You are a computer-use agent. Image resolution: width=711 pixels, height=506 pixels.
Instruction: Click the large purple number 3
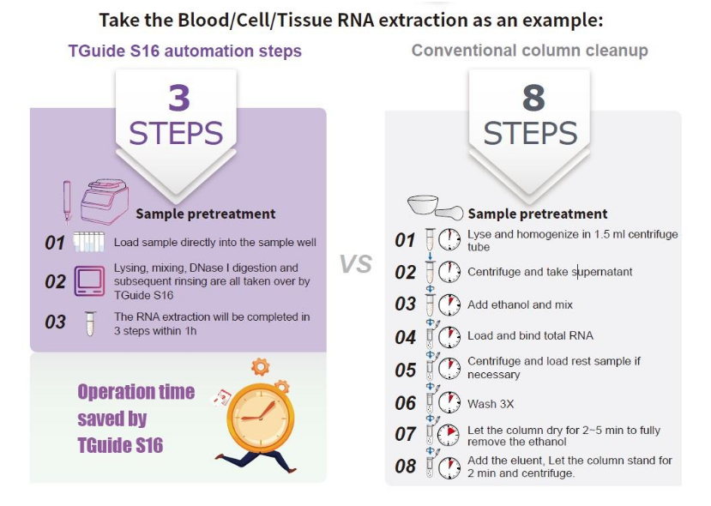(179, 98)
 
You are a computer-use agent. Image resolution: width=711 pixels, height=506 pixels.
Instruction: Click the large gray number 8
(533, 98)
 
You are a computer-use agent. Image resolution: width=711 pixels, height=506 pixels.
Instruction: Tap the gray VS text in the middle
(356, 264)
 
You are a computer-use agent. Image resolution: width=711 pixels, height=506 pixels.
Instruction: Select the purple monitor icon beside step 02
(89, 281)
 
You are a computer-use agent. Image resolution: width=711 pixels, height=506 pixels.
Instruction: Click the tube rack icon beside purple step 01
(89, 242)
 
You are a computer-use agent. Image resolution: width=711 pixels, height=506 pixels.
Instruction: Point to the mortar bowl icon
(423, 205)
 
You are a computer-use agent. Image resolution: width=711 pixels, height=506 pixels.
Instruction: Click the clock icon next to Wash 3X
(449, 402)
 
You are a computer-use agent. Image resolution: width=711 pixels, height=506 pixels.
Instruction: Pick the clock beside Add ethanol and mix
(449, 304)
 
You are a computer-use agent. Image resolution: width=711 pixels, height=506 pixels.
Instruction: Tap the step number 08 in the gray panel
(405, 466)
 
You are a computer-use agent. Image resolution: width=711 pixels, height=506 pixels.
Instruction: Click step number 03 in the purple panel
(56, 322)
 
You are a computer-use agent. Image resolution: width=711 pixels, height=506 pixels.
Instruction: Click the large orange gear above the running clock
(260, 366)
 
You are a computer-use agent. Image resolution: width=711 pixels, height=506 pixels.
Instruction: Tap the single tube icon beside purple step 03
(90, 323)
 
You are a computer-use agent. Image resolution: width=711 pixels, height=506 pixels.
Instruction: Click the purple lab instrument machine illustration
(105, 202)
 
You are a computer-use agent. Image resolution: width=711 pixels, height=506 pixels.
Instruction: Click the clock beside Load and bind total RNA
(449, 337)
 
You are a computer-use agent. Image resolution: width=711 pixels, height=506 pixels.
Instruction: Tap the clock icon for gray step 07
(449, 434)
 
